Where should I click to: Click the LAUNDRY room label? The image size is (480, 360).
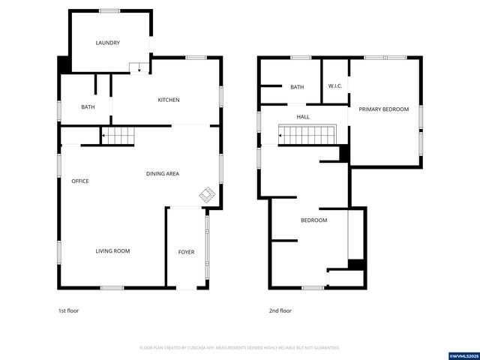click(x=107, y=43)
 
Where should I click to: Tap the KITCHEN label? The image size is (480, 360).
click(x=168, y=100)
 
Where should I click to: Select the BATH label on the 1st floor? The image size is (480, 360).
click(x=88, y=107)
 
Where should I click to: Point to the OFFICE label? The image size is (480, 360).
click(x=80, y=181)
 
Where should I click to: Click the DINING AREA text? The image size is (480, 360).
click(x=162, y=174)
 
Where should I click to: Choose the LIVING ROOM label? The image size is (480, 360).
click(x=112, y=251)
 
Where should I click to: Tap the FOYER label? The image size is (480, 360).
click(x=186, y=252)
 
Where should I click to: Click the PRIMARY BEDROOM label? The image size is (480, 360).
click(x=383, y=109)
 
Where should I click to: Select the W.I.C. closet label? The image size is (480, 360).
click(x=335, y=86)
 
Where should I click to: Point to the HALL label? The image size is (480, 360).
click(x=303, y=117)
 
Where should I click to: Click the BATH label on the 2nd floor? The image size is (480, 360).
click(x=297, y=87)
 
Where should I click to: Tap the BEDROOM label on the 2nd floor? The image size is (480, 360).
click(x=313, y=220)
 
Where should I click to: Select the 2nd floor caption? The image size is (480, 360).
click(x=280, y=310)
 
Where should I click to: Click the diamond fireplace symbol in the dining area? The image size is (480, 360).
click(x=208, y=195)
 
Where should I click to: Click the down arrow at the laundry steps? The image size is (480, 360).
click(x=139, y=69)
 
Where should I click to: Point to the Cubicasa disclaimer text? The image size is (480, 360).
click(x=240, y=348)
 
